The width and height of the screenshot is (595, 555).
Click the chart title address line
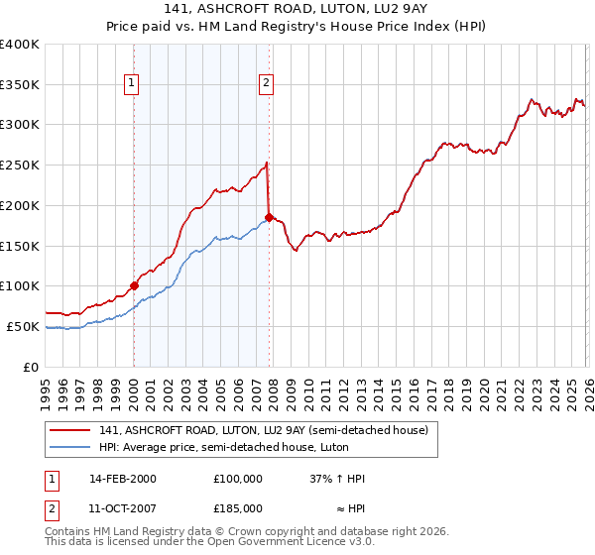297,8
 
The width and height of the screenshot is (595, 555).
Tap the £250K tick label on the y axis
19,165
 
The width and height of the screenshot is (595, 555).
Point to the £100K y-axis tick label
19,285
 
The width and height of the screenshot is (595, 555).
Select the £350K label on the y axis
19,84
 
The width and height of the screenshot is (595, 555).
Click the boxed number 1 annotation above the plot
133,84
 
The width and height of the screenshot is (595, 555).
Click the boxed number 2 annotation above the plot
267,84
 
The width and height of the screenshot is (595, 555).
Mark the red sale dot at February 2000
134,285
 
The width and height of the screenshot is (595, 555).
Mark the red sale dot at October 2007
269,217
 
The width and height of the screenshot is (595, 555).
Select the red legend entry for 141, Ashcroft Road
264,430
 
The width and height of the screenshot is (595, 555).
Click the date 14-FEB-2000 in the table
123,478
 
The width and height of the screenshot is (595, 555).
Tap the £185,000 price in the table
238,507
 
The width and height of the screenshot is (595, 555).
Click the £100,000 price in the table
238,478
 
